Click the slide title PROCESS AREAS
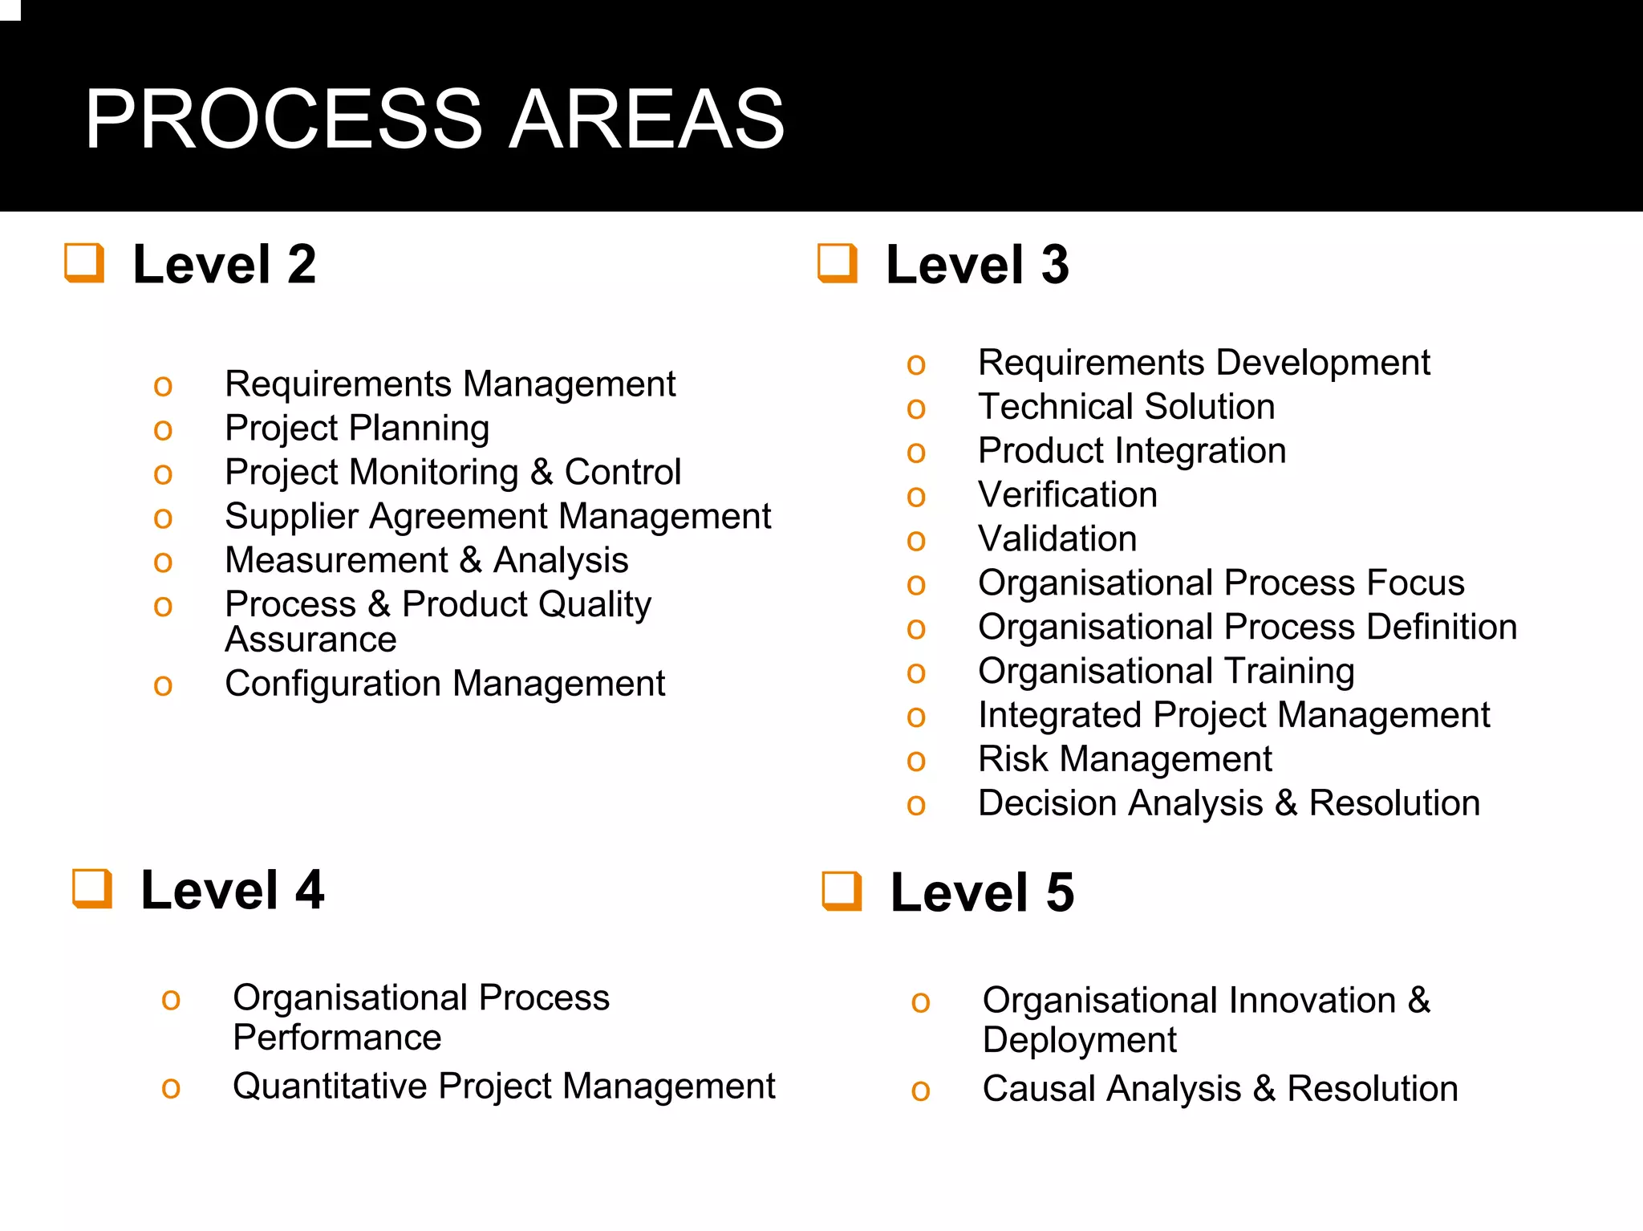point(434,120)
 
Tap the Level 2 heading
point(224,264)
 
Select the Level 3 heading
point(976,264)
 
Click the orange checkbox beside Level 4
point(92,888)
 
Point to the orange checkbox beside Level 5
point(842,891)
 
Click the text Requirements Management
point(449,384)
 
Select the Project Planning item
point(356,428)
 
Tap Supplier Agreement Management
point(497,516)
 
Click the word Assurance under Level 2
point(310,640)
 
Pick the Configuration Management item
point(444,684)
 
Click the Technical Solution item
point(1126,407)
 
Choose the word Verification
point(1067,495)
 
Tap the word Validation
point(1057,538)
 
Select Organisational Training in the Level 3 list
point(1166,671)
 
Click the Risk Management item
point(1124,759)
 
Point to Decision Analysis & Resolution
point(1228,803)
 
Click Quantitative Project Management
point(503,1087)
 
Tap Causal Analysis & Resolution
point(1219,1089)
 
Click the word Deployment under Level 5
point(1078,1041)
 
